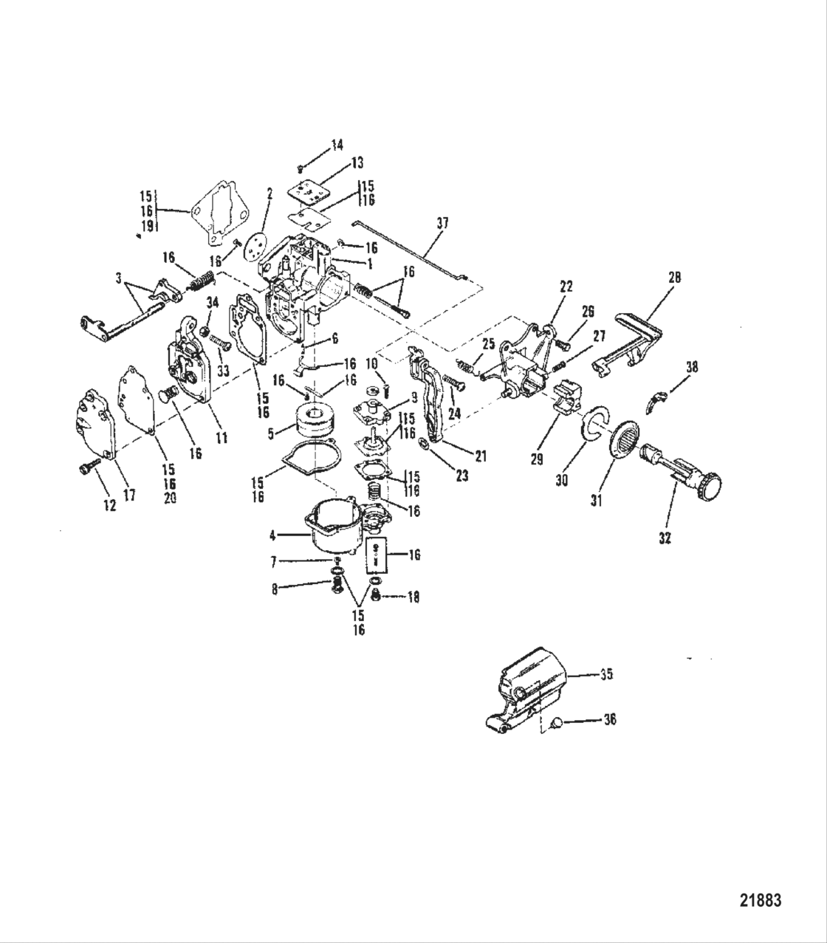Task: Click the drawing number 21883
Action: pyautogui.click(x=760, y=900)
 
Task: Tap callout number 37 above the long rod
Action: pyautogui.click(x=442, y=222)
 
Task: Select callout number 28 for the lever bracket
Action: pyautogui.click(x=674, y=278)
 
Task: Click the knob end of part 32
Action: pyautogui.click(x=710, y=485)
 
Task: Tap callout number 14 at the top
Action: pyautogui.click(x=337, y=145)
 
